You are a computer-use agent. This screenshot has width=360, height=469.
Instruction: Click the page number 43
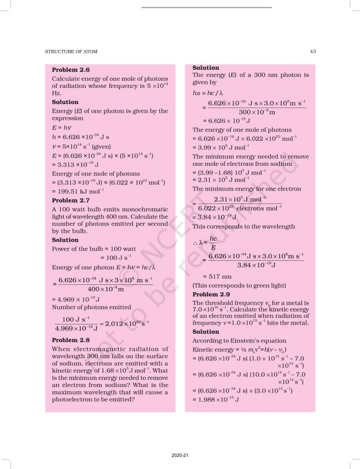312,52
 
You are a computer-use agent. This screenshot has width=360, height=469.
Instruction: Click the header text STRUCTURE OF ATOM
71,52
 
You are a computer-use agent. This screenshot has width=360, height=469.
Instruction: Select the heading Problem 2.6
71,70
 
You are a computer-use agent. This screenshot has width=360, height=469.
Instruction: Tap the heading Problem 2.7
71,201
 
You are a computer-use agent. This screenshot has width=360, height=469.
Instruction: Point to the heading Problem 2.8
71,340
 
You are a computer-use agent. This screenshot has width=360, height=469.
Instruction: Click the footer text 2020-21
180,456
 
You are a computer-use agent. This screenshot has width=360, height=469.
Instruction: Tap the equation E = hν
62,128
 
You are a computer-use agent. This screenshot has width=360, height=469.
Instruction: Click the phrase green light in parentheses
268,285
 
